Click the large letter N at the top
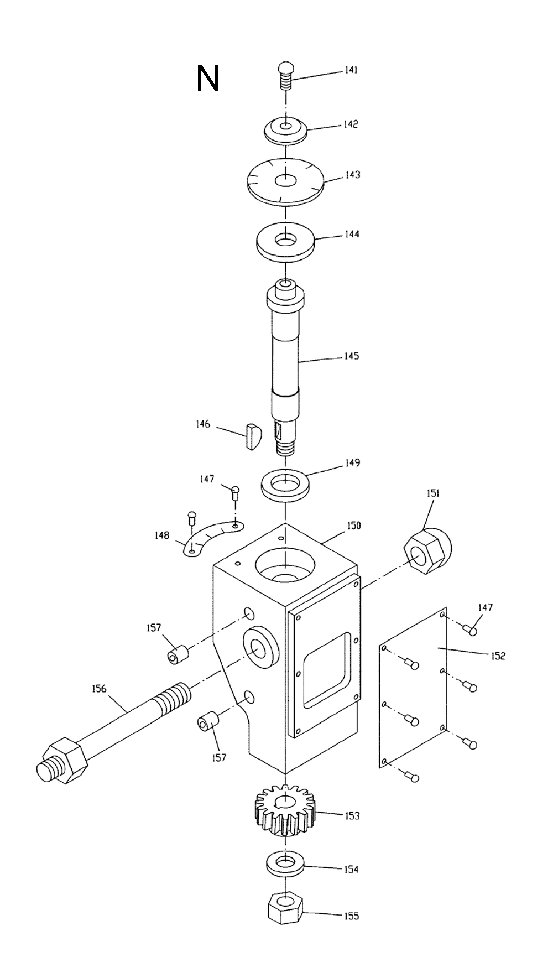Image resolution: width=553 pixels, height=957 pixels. (x=208, y=79)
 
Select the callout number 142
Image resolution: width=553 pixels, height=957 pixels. (x=351, y=124)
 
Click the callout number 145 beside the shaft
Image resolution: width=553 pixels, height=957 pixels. (x=351, y=356)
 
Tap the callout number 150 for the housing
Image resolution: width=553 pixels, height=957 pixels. (x=353, y=526)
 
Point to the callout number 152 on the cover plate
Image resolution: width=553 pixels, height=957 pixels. (x=498, y=656)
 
